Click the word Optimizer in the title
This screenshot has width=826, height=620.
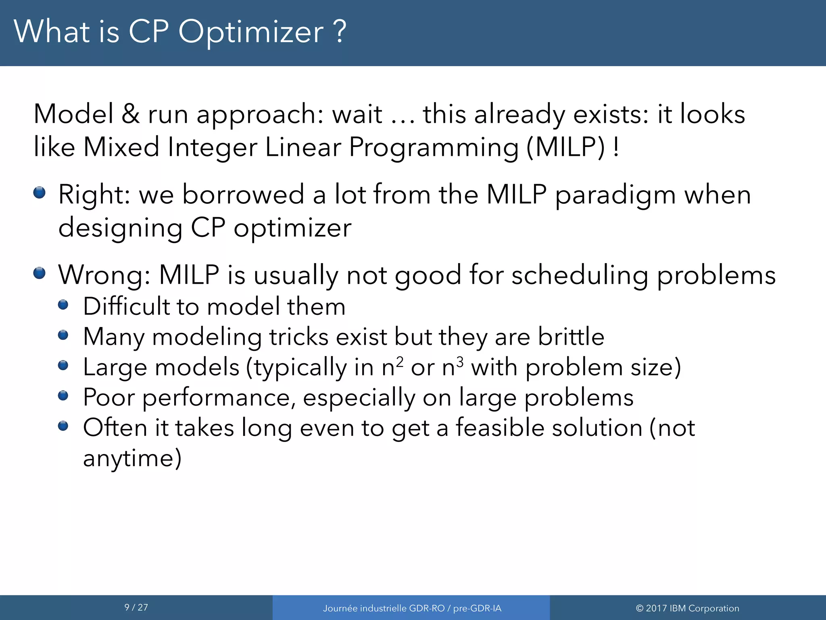click(x=250, y=32)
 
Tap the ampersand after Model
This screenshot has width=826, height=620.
click(x=131, y=114)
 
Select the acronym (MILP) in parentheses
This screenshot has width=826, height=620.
click(x=566, y=147)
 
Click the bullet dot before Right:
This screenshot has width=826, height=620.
click(x=39, y=193)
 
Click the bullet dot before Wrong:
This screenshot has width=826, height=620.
click(x=39, y=273)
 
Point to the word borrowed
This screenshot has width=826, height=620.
click(x=243, y=195)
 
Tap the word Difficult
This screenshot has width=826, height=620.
click(x=126, y=306)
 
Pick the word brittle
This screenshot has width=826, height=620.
click(x=571, y=336)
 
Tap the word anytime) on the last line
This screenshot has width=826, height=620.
click(x=132, y=459)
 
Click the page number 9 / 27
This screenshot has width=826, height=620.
click(x=136, y=607)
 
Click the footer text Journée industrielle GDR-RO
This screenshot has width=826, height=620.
click(x=383, y=608)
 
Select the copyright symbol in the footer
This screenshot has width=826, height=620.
click(x=639, y=608)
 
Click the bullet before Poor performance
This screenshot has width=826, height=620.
click(x=63, y=396)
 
